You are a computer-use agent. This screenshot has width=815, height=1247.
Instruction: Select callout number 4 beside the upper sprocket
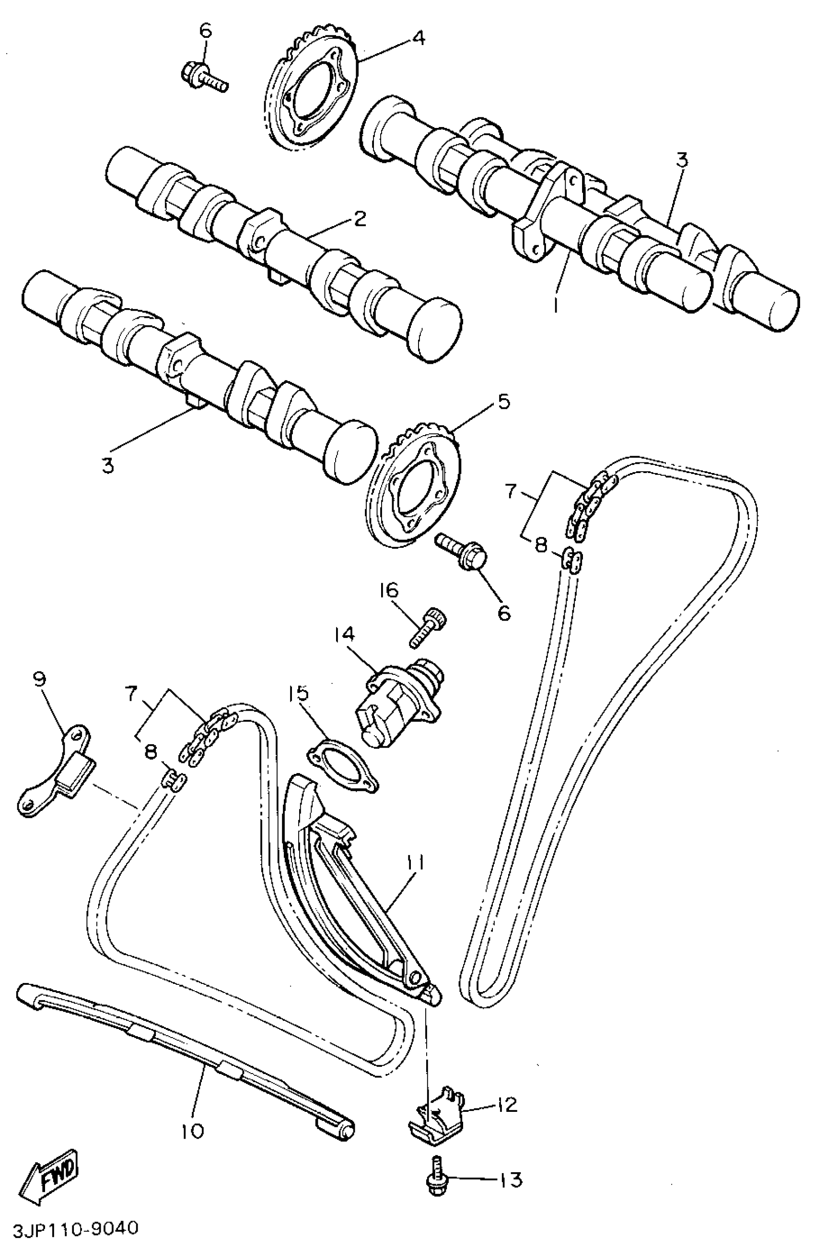click(418, 38)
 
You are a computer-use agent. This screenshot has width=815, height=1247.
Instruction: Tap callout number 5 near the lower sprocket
click(503, 403)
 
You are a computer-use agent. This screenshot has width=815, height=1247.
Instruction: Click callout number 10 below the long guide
click(192, 1131)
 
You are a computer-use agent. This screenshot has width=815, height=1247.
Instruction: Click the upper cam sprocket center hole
click(314, 97)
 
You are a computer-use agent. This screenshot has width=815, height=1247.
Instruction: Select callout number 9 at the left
click(39, 680)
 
